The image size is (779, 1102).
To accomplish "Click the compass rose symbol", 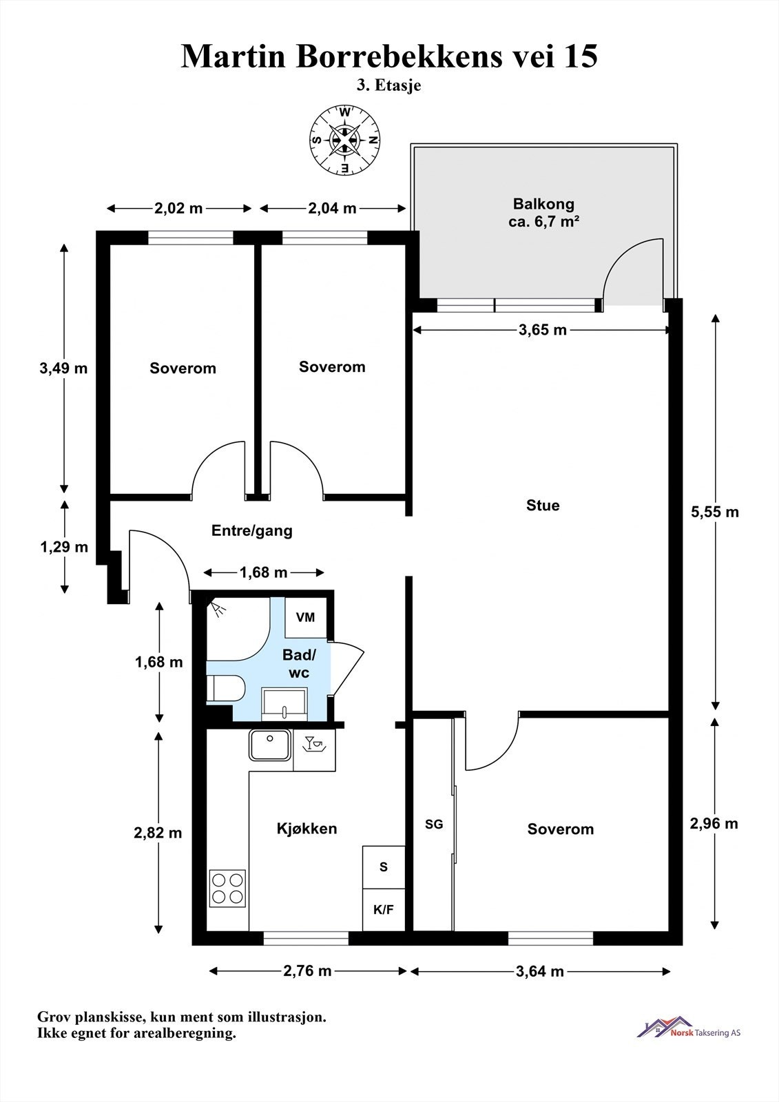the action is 346,141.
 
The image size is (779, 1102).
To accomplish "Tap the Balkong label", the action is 543,204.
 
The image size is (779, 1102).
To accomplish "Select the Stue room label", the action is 543,506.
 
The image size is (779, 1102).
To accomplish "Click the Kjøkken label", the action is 307,829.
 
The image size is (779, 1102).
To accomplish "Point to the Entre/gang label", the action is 252,531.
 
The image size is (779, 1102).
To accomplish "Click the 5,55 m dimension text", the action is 714,512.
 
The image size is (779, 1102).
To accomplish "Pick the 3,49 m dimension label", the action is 63,368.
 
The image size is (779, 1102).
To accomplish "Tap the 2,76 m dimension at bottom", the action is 307,971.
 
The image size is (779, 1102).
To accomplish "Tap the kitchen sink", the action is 270,745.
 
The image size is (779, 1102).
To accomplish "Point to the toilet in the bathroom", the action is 225,688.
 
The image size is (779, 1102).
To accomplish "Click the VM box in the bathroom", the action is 306,617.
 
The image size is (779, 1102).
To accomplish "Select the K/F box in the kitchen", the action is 384,909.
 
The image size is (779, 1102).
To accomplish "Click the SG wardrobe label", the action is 434,824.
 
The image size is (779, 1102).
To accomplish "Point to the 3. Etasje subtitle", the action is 388,85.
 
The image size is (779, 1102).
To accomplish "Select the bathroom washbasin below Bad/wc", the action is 284,704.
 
